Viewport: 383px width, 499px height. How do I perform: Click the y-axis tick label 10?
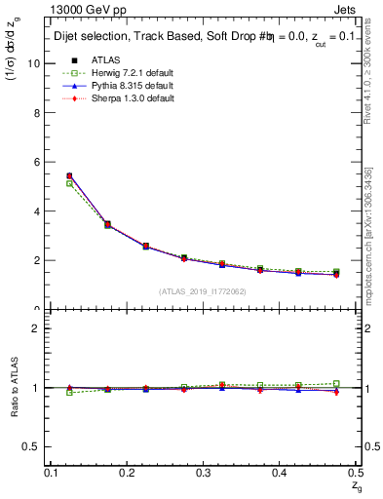[34, 63]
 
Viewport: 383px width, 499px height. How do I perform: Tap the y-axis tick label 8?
[37, 112]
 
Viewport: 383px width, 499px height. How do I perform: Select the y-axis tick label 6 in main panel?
[37, 162]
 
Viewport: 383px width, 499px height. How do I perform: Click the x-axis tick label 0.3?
[203, 473]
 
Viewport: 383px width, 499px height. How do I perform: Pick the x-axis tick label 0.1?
[53, 473]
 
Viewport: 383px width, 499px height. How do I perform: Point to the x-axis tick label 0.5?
[354, 473]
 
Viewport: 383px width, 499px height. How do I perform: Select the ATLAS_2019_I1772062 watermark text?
[203, 291]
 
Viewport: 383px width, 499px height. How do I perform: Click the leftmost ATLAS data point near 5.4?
[68, 175]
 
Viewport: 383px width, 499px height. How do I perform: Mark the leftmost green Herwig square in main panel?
[68, 183]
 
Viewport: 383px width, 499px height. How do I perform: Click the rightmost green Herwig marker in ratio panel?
[336, 383]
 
